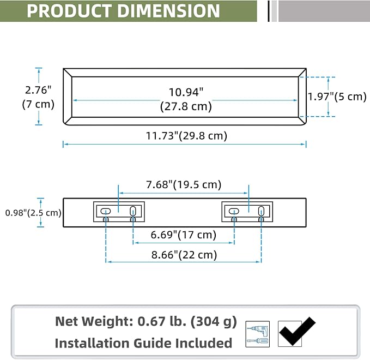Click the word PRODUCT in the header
point(69,11)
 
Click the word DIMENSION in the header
point(168,11)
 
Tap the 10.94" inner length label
point(186,92)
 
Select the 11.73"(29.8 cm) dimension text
point(186,136)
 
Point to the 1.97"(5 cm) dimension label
point(337,97)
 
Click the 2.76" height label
point(38,90)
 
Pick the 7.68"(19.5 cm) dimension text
point(184,184)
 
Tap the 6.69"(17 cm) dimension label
point(184,235)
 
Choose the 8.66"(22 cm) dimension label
point(184,255)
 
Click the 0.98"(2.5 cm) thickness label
point(33,213)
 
